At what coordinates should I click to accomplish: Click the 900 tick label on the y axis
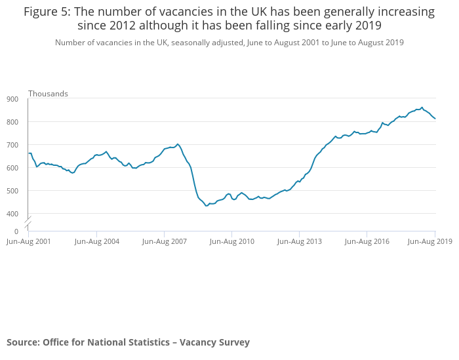pyautogui.click(x=12, y=99)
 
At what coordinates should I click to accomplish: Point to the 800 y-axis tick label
pyautogui.click(x=12, y=122)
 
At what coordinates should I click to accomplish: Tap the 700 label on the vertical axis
pyautogui.click(x=12, y=145)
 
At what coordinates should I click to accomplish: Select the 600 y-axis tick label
pyautogui.click(x=12, y=168)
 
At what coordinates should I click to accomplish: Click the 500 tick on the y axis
pyautogui.click(x=12, y=191)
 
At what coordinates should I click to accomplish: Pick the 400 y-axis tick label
pyautogui.click(x=12, y=214)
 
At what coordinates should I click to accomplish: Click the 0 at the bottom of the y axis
pyautogui.click(x=16, y=231)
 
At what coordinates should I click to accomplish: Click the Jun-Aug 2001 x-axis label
pyautogui.click(x=29, y=242)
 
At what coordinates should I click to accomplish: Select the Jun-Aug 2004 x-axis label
pyautogui.click(x=97, y=242)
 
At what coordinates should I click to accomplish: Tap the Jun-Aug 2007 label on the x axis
pyautogui.click(x=165, y=242)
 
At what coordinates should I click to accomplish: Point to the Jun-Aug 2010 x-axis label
pyautogui.click(x=232, y=242)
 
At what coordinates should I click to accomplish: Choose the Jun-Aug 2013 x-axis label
pyautogui.click(x=300, y=242)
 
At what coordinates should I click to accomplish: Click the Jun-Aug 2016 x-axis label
pyautogui.click(x=367, y=242)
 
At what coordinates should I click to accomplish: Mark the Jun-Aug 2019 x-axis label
pyautogui.click(x=430, y=242)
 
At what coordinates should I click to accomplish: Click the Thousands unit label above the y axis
pyautogui.click(x=48, y=94)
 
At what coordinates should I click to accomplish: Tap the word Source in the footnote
pyautogui.click(x=22, y=342)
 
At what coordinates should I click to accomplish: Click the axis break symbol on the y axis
pyautogui.click(x=28, y=219)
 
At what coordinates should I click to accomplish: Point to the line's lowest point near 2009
pyautogui.click(x=207, y=206)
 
